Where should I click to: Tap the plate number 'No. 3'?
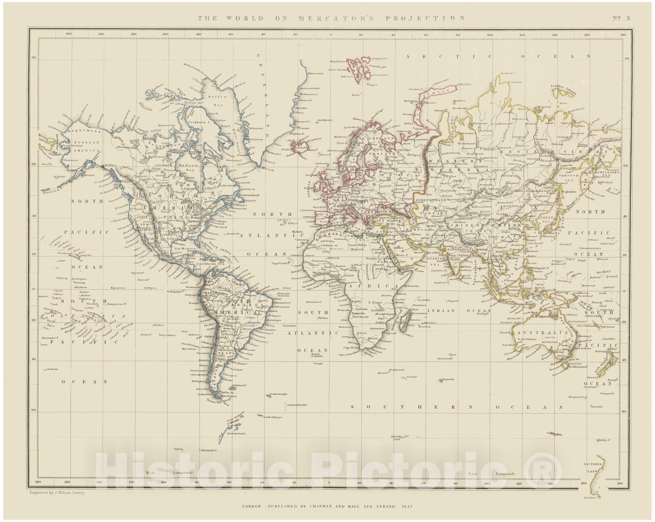[621, 18]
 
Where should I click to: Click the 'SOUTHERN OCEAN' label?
[457, 407]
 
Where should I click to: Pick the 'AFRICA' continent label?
[380, 286]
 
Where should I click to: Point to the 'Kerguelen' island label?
[447, 380]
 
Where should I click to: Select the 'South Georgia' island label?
[278, 394]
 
